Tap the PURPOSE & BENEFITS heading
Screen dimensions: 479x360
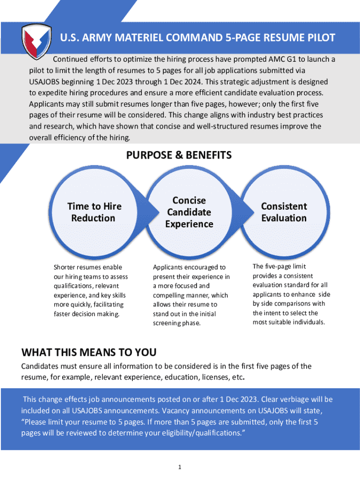(x=179, y=155)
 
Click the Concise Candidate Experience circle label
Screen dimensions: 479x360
(x=189, y=212)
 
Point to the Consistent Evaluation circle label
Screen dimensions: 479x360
(x=284, y=212)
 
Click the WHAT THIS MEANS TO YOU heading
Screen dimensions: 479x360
(x=89, y=352)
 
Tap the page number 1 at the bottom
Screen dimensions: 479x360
(x=180, y=467)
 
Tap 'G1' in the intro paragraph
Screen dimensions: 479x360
(x=293, y=59)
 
